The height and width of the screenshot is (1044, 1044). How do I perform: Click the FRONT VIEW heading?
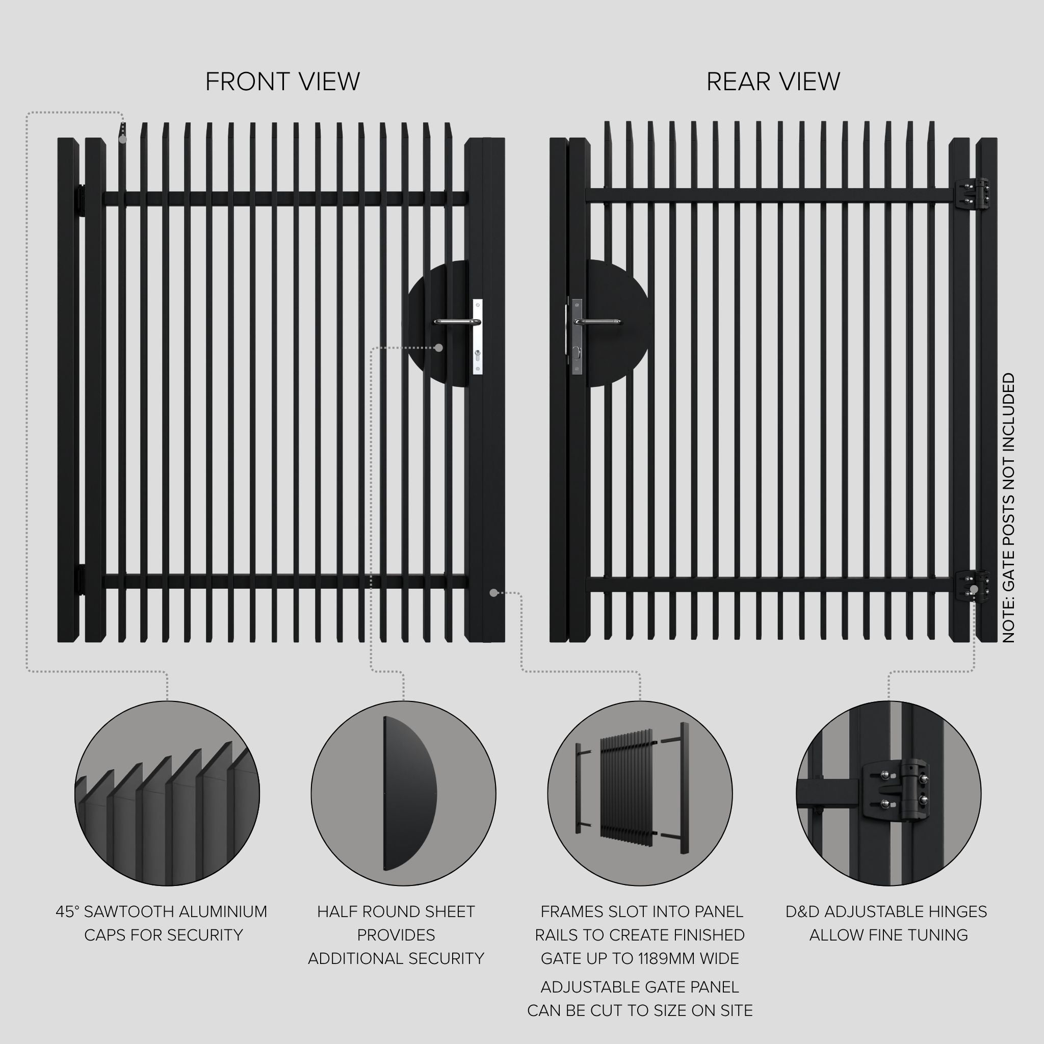[x=282, y=82]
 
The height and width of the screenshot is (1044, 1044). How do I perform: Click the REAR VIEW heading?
[x=773, y=82]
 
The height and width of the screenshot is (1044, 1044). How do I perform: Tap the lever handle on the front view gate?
[x=457, y=322]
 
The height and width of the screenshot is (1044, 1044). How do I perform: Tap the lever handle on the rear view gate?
[x=597, y=322]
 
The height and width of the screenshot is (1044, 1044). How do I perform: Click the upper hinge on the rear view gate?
[x=971, y=194]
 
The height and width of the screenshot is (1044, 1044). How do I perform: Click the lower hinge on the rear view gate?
[x=971, y=586]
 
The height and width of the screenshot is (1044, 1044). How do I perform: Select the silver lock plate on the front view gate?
[x=477, y=336]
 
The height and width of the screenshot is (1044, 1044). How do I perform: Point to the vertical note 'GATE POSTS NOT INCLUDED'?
[x=1008, y=508]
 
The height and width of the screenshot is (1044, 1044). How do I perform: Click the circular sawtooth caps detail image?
[x=167, y=793]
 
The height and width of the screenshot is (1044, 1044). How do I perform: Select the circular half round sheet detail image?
[x=403, y=793]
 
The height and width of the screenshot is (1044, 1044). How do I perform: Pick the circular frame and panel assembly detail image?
[x=640, y=793]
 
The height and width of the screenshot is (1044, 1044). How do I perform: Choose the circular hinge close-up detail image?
[x=889, y=793]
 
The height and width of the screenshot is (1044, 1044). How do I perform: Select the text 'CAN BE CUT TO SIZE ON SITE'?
[x=640, y=1010]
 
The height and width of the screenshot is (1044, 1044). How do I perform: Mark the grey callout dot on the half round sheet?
[x=439, y=348]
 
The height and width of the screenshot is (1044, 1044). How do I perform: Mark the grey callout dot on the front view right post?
[x=493, y=593]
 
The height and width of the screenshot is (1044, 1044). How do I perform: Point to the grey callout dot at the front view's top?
[x=123, y=139]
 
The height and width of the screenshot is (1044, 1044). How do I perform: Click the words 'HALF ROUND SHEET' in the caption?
[x=396, y=911]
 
